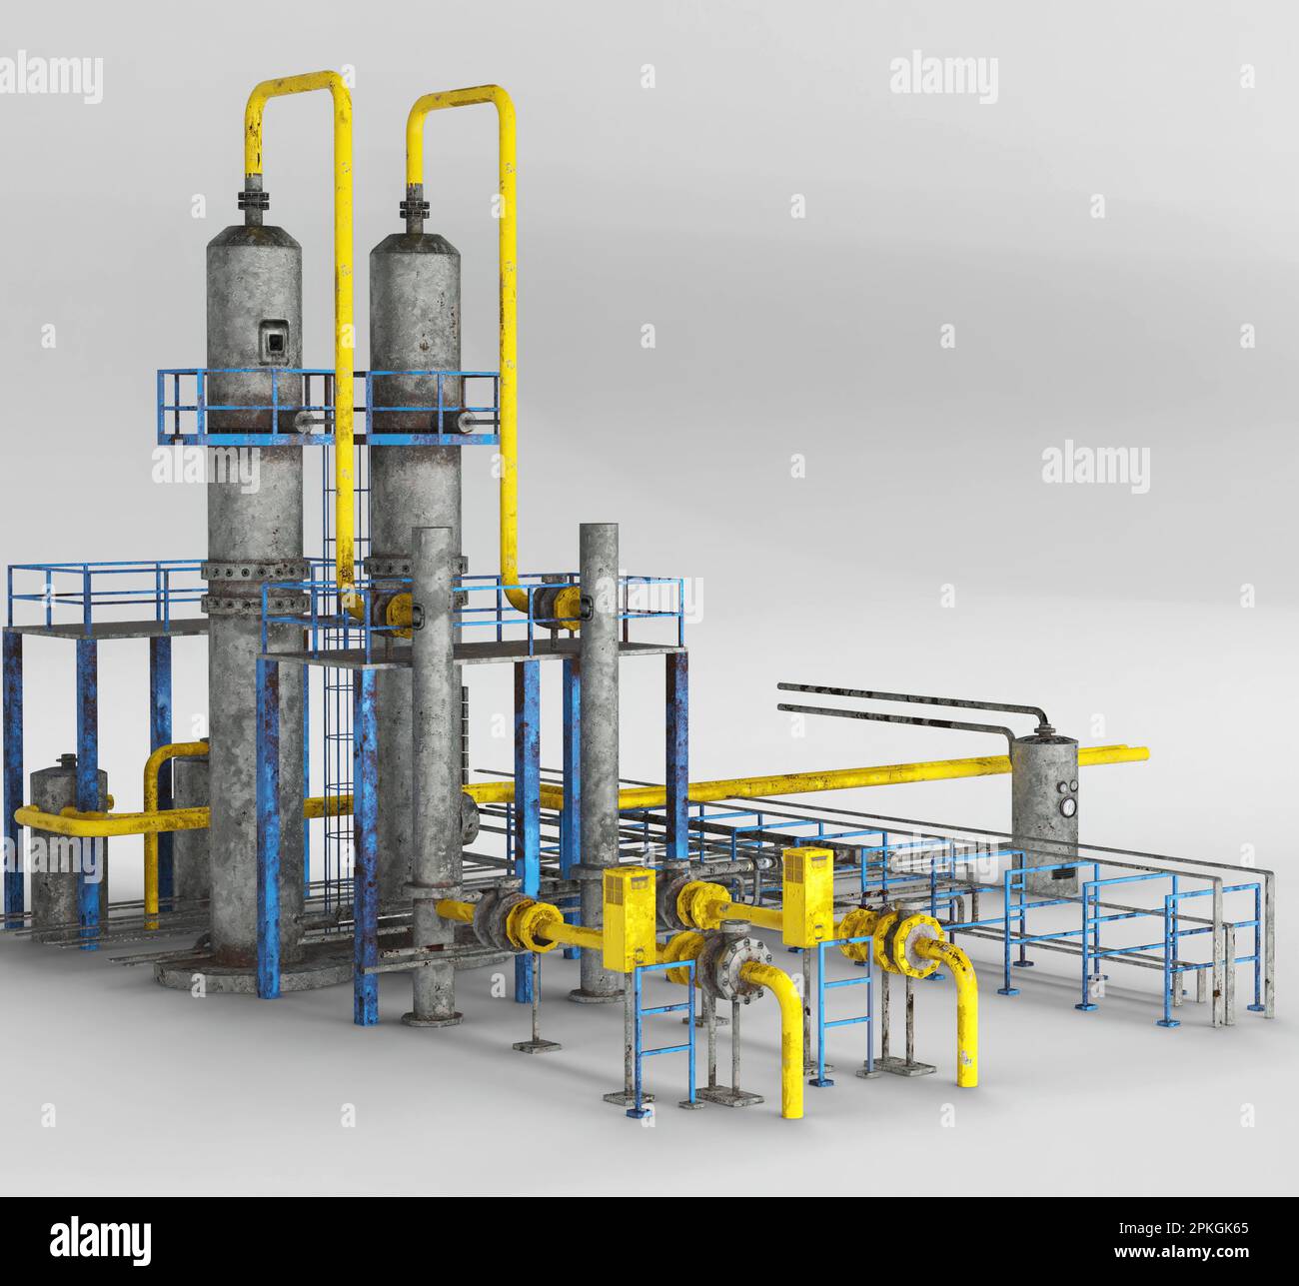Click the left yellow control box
point(628,918)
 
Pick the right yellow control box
point(807,896)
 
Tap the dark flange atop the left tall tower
point(252,204)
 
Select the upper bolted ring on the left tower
point(255,571)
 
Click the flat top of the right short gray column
point(599,528)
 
